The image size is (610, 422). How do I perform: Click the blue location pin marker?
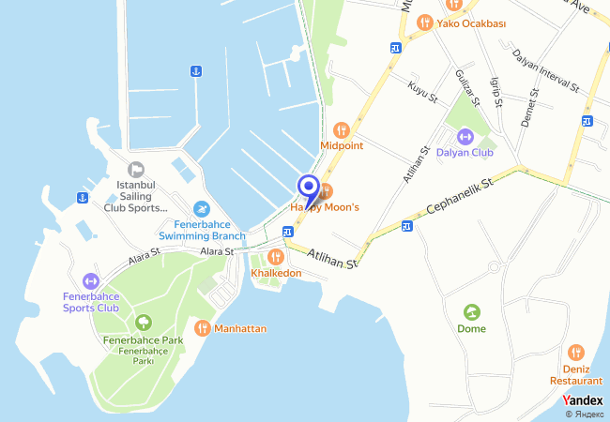click(308, 188)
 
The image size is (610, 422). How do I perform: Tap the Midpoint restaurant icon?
click(342, 129)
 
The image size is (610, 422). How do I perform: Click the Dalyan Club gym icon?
click(464, 137)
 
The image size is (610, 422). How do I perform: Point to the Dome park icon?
click(471, 312)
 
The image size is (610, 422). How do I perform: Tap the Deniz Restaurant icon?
click(576, 354)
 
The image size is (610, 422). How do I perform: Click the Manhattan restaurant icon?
click(202, 328)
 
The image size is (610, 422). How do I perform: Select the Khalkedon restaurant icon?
click(276, 256)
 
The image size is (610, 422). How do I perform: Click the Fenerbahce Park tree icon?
click(143, 324)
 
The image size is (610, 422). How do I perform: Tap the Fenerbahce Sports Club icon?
click(90, 280)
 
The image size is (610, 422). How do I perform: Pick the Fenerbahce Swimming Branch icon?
click(201, 209)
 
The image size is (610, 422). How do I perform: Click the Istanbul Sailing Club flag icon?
click(136, 169)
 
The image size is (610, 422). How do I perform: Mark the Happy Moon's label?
click(325, 206)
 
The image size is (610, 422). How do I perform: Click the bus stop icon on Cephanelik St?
click(406, 226)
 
